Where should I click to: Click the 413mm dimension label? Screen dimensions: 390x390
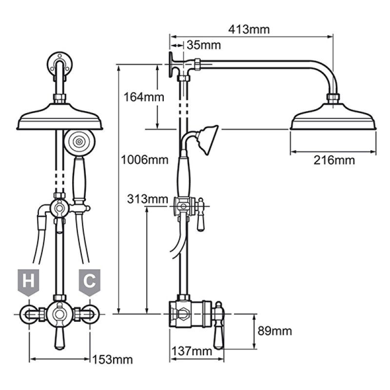pos(249,29)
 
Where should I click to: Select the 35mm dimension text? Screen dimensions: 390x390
pos(203,45)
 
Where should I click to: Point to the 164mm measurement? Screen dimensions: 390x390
pos(137,97)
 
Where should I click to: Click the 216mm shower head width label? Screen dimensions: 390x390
pos(334,160)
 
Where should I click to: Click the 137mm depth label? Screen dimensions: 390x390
pos(191,351)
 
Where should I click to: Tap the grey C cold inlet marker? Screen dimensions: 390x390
pos(89,281)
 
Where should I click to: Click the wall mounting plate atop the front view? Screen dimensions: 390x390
pos(60,65)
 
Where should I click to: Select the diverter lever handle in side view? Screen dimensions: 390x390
pos(200,215)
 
